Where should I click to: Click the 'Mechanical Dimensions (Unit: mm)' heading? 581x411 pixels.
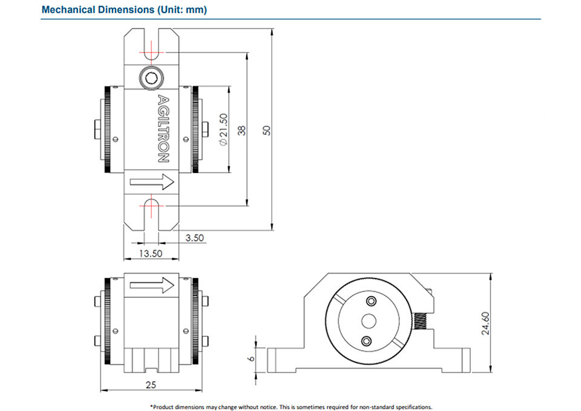[124, 10]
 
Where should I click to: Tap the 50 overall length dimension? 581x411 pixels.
[267, 130]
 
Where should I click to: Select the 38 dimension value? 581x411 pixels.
[241, 130]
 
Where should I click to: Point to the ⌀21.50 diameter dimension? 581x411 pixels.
[223, 130]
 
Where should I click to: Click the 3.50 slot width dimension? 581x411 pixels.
[194, 237]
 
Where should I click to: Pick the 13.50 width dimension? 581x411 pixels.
[151, 254]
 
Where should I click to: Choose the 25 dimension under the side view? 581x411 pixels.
[151, 385]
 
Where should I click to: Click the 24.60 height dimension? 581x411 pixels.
[485, 323]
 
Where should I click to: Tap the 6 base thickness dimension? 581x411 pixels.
[252, 358]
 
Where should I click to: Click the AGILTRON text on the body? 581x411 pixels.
[163, 129]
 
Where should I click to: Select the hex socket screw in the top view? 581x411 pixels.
[151, 78]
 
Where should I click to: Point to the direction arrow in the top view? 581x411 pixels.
[152, 182]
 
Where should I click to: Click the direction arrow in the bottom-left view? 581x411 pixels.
[152, 285]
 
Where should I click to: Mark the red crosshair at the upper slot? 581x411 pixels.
[151, 52]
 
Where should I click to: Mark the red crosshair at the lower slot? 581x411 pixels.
[151, 205]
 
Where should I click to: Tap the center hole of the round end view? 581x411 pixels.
[369, 321]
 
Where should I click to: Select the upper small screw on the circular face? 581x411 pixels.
[371, 301]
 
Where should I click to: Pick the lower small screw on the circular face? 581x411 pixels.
[367, 341]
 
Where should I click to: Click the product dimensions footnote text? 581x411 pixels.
[291, 407]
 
